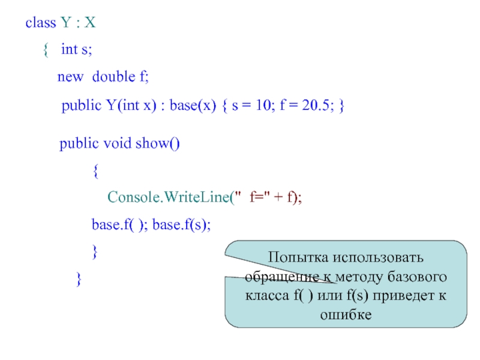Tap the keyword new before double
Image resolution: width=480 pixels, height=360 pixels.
pyautogui.click(x=70, y=77)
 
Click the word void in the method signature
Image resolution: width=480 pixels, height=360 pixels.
pyautogui.click(x=118, y=144)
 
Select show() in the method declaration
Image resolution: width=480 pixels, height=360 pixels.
pyautogui.click(x=157, y=144)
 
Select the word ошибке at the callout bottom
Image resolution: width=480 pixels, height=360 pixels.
pyautogui.click(x=346, y=314)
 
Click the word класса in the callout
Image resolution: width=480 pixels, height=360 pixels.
pyautogui.click(x=266, y=296)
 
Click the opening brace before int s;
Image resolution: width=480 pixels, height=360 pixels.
pyautogui.click(x=46, y=50)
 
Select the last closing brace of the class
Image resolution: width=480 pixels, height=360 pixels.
pyautogui.click(x=77, y=279)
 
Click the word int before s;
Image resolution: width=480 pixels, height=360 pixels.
pyautogui.click(x=69, y=50)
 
